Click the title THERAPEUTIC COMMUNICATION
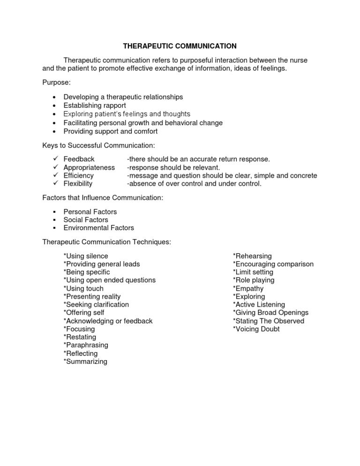click(x=180, y=46)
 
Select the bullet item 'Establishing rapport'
click(x=96, y=105)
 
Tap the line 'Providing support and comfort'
click(x=111, y=131)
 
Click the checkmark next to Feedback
click(x=55, y=159)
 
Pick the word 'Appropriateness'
click(x=89, y=167)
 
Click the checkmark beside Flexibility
click(x=55, y=183)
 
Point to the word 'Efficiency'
click(x=79, y=175)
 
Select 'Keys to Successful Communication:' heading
click(x=98, y=145)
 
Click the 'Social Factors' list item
click(x=86, y=220)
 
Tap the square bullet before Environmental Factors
click(x=54, y=228)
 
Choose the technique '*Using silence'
click(x=86, y=256)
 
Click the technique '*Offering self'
click(x=84, y=313)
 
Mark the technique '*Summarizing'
click(x=85, y=361)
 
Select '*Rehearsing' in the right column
click(x=252, y=256)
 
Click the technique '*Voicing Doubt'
click(x=256, y=329)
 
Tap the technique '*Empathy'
click(x=248, y=288)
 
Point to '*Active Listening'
click(x=259, y=305)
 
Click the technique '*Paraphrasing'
click(x=86, y=345)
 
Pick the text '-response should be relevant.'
click(x=173, y=167)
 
